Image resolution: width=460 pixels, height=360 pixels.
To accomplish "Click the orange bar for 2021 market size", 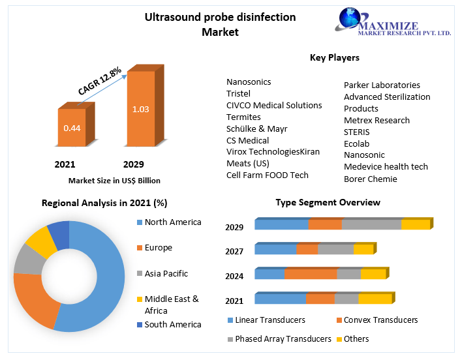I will (x=72, y=127).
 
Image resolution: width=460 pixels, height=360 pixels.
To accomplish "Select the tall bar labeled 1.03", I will (x=140, y=109).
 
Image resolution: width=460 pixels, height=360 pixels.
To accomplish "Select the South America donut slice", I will (x=59, y=235).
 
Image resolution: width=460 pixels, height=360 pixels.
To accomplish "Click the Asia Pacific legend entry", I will (x=166, y=274).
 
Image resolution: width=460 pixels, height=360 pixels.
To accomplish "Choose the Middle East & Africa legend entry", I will (x=171, y=305).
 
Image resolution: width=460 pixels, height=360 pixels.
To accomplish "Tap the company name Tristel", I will (x=238, y=93).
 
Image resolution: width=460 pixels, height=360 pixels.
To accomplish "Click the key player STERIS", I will (x=358, y=132).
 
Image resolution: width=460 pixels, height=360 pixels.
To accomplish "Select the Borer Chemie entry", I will (x=370, y=179).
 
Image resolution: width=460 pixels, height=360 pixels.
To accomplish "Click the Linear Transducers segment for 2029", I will (x=281, y=225).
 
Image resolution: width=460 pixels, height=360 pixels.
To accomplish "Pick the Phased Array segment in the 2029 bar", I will (x=371, y=225).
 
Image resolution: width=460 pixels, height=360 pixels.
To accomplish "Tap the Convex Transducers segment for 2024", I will (x=310, y=274).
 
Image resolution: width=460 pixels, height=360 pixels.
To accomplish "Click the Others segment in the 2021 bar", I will (x=375, y=299).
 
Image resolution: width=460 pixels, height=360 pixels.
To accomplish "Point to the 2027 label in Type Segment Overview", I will (x=234, y=251).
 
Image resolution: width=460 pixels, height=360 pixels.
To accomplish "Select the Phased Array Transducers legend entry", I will (x=283, y=339).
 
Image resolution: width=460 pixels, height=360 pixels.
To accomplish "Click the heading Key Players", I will (x=334, y=57).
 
